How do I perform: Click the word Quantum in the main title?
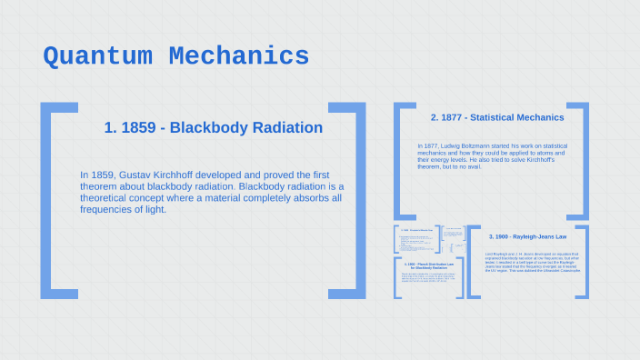click(x=98, y=56)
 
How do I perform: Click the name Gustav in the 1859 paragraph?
click(x=144, y=175)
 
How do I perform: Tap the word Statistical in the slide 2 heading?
click(x=496, y=117)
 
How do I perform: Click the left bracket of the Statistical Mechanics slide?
click(x=398, y=159)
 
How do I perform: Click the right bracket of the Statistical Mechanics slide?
click(x=584, y=159)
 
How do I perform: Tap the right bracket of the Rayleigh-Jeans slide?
click(x=585, y=262)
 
